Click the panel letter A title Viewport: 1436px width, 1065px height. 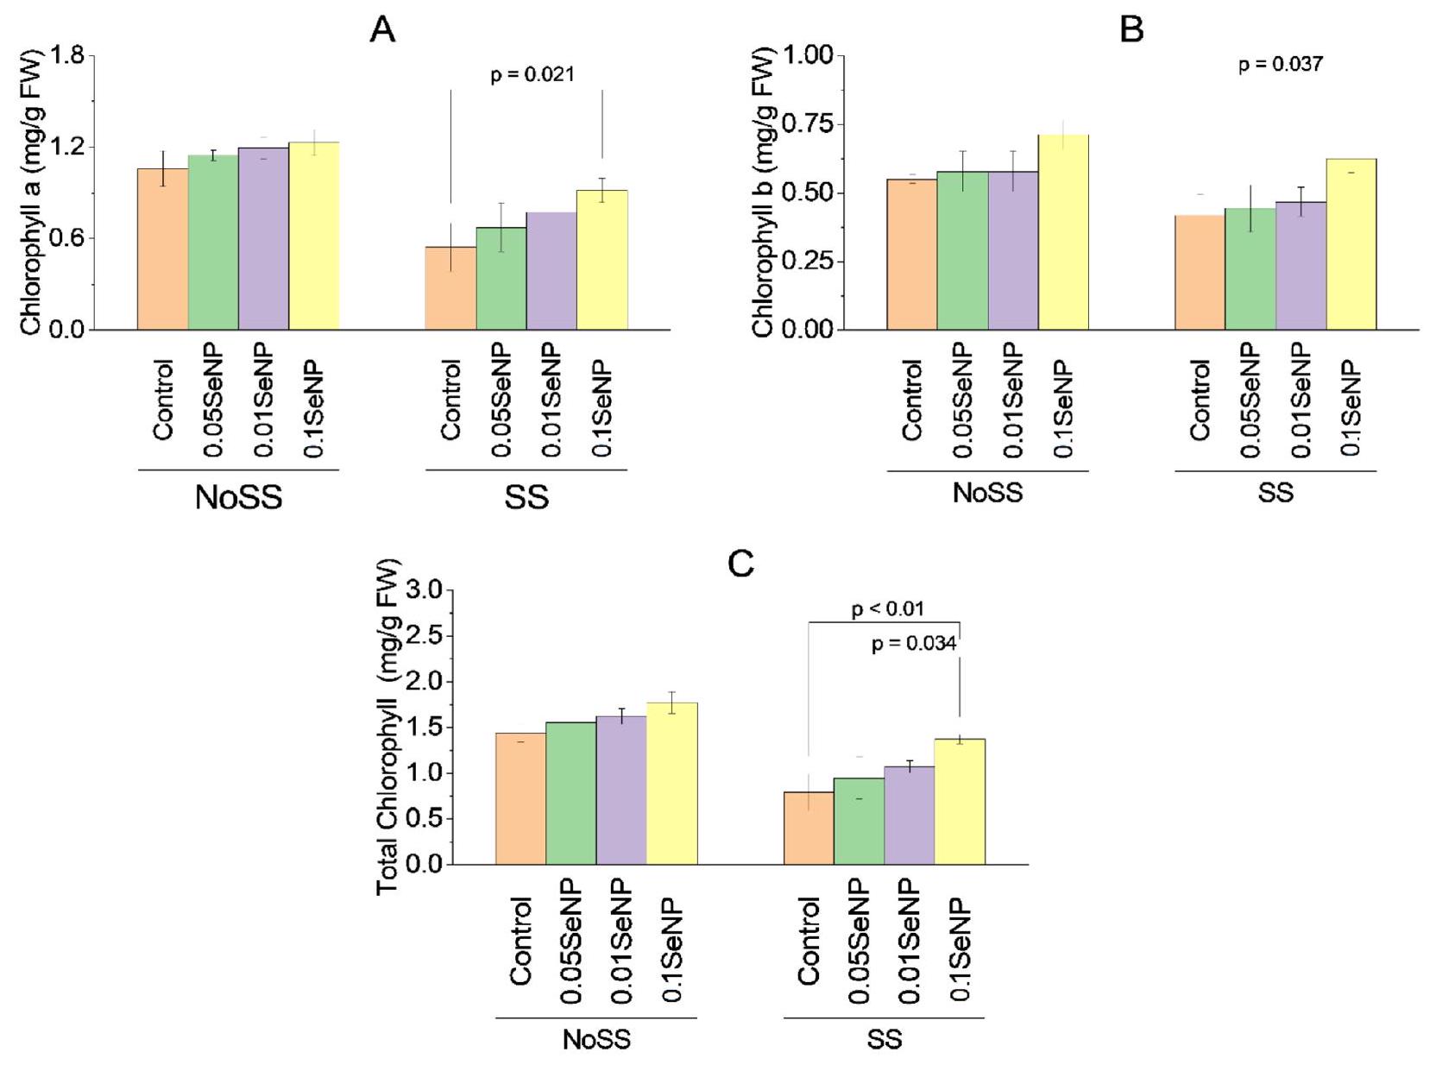pos(382,30)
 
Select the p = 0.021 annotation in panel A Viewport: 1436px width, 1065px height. pos(532,75)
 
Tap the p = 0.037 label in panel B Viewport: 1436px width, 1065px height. pos(1280,65)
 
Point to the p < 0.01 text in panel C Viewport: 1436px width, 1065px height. pos(887,609)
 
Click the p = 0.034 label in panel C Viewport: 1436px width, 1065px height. pos(913,644)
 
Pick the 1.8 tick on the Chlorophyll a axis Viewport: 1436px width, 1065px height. pos(67,56)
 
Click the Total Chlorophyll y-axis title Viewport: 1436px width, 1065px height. pos(389,727)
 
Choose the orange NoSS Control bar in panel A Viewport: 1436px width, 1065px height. pos(163,249)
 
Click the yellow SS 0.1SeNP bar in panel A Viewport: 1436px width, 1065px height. pos(601,260)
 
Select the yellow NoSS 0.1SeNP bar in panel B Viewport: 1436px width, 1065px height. pos(1063,232)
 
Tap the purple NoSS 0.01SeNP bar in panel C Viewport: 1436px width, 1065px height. pos(621,790)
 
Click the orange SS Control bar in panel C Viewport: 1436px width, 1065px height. pos(809,828)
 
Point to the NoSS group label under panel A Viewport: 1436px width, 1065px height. pos(238,497)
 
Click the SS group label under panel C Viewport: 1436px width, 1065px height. pos(884,1039)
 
